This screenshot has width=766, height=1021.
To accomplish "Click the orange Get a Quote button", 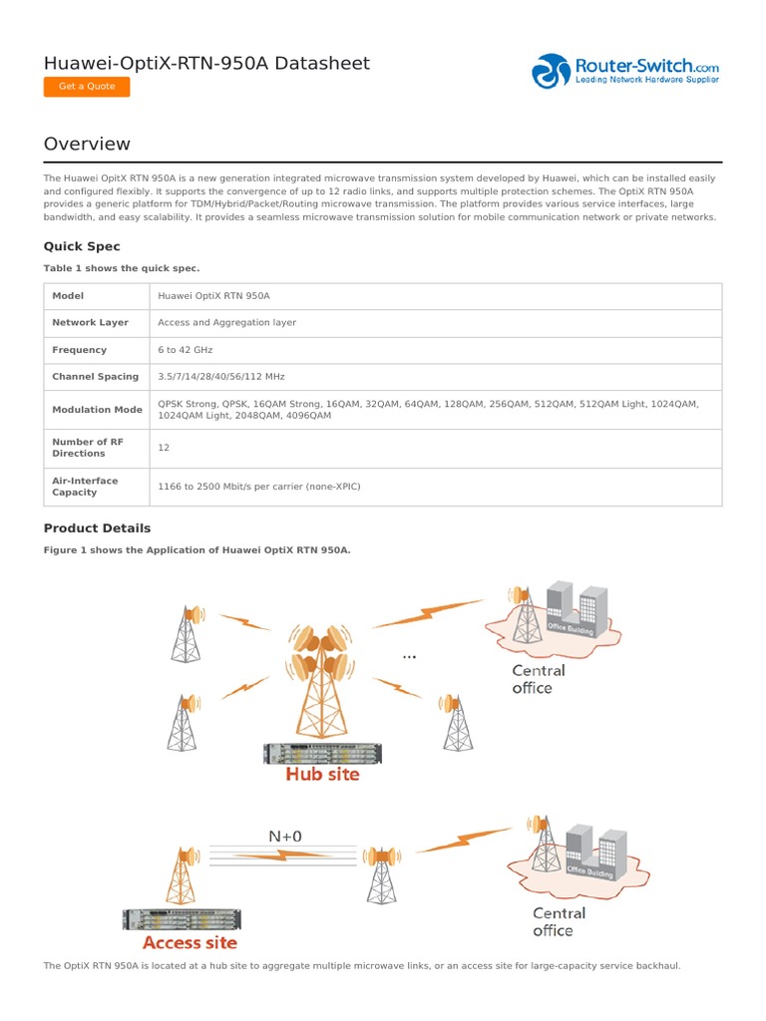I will [87, 87].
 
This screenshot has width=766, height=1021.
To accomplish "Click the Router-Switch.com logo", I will [625, 71].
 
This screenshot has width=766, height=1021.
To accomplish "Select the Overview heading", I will [87, 144].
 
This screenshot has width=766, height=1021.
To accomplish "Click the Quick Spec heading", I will [82, 246].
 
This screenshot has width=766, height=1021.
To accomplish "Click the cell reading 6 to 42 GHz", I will [186, 350].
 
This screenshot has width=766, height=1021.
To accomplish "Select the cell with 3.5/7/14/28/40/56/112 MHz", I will [221, 377].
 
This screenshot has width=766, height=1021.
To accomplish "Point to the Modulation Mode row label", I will [97, 410].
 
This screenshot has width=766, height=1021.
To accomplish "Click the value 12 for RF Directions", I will [164, 448].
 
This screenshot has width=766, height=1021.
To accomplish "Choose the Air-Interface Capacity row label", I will [85, 487].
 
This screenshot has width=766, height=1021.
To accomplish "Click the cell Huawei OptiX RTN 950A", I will [214, 296].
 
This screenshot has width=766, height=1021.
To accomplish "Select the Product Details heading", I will [97, 528].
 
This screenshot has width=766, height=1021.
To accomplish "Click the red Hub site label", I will [322, 774].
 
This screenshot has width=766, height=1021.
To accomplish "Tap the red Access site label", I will [190, 942].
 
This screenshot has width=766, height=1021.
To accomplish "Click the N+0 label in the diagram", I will [285, 836].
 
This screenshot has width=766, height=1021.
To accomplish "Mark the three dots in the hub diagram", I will [409, 657].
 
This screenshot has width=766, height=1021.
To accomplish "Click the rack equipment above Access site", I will [181, 919].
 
